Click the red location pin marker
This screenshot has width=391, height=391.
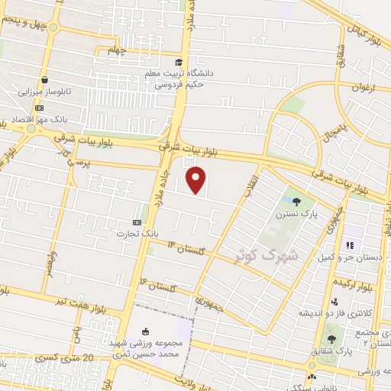point(197,180)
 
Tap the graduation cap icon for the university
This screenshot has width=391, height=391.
point(179,63)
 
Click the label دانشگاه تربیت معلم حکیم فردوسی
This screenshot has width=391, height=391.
point(178,79)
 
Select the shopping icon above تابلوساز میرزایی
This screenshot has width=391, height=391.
point(45,79)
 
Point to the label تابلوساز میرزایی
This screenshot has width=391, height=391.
point(45,91)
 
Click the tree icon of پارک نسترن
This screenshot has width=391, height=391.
point(297,202)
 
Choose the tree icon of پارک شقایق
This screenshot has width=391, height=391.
point(331,338)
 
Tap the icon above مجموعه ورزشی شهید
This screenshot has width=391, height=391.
point(145,331)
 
